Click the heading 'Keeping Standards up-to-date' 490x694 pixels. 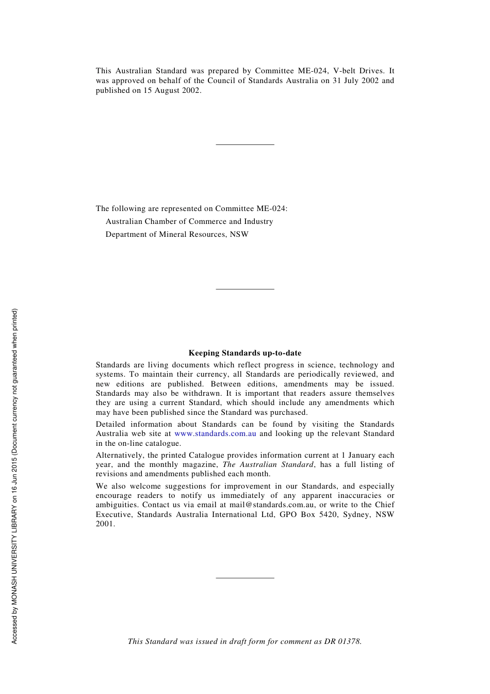[244, 353]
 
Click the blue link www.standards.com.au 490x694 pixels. [215, 433]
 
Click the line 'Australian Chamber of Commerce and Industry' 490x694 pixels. [189, 221]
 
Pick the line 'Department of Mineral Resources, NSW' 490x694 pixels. [177, 234]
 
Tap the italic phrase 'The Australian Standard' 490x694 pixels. [268, 464]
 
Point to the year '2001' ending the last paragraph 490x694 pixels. [105, 524]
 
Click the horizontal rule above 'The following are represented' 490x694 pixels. [244, 144]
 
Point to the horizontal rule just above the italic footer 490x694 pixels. [244, 578]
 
